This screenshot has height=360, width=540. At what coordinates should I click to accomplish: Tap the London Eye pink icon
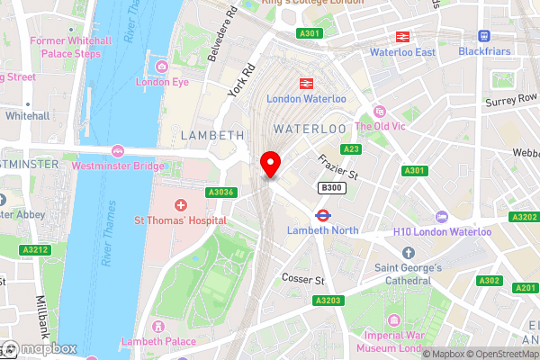pyautogui.click(x=162, y=67)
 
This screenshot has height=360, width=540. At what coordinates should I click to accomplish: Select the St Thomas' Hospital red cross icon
pyautogui.click(x=181, y=206)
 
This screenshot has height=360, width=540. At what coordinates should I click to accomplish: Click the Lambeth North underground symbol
pyautogui.click(x=322, y=215)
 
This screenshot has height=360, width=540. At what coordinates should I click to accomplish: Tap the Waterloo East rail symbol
pyautogui.click(x=401, y=37)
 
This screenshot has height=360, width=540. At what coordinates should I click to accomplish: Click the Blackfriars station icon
pyautogui.click(x=483, y=36)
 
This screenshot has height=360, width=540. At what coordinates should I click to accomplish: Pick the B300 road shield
pyautogui.click(x=329, y=187)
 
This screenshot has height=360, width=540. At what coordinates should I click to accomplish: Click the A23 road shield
pyautogui.click(x=351, y=149)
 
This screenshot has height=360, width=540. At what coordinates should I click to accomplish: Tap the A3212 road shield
pyautogui.click(x=35, y=249)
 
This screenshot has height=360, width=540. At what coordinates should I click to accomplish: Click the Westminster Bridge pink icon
pyautogui.click(x=117, y=150)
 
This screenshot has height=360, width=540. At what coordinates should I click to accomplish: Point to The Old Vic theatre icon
pyautogui.click(x=379, y=112)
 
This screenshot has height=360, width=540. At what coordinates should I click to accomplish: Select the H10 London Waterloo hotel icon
pyautogui.click(x=441, y=216)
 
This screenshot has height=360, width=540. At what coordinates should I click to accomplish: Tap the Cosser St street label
pyautogui.click(x=302, y=280)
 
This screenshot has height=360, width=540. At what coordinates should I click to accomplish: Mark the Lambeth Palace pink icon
pyautogui.click(x=158, y=325)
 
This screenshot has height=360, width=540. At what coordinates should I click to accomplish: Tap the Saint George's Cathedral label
pyautogui.click(x=408, y=274)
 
